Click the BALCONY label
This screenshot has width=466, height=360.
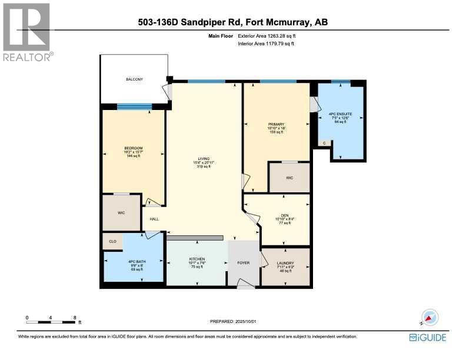coord(134,79)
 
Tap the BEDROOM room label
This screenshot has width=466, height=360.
coord(133,148)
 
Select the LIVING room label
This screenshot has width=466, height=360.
coord(204,159)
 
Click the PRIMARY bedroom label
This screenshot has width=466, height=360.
coord(276,124)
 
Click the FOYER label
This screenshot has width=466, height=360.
coord(243,264)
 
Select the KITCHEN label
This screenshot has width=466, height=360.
coord(196,259)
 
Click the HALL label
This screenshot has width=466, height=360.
coord(154,219)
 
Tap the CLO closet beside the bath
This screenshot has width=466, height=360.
coord(112,241)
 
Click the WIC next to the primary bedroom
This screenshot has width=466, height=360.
coord(289,177)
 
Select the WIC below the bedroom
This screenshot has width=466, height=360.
coord(121,213)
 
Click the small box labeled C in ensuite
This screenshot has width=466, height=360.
coord(324,143)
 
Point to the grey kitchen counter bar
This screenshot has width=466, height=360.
coord(195,238)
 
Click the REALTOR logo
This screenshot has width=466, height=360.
coord(28,32)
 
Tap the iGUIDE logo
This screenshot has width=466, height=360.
coord(427,337)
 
